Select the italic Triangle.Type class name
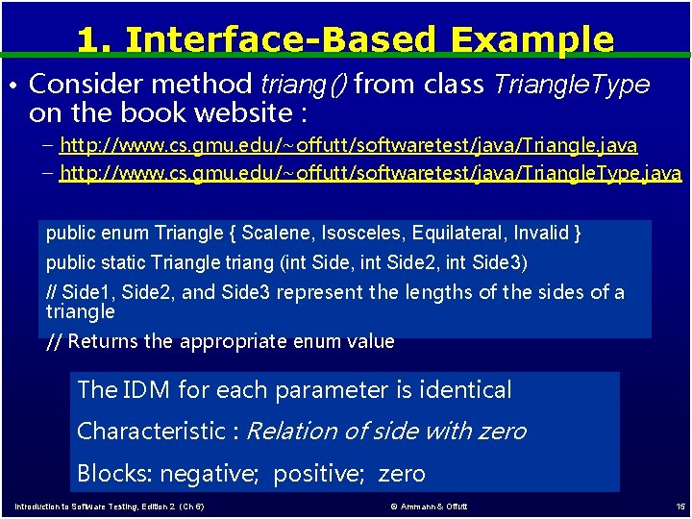(571, 85)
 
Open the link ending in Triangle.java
(348, 145)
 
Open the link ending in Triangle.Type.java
(370, 174)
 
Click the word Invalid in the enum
(540, 234)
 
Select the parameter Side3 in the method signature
(500, 262)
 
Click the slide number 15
(680, 507)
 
